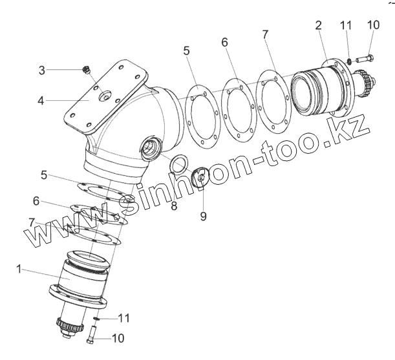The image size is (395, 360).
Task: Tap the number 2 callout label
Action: pos(318,25)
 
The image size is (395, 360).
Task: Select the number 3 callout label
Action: pos(42,70)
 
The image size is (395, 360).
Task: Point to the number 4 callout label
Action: pos(42,101)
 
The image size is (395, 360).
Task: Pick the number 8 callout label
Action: pos(174,207)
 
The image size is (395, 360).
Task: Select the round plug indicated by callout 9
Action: pos(202,176)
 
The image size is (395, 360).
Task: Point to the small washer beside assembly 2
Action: pos(347,61)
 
